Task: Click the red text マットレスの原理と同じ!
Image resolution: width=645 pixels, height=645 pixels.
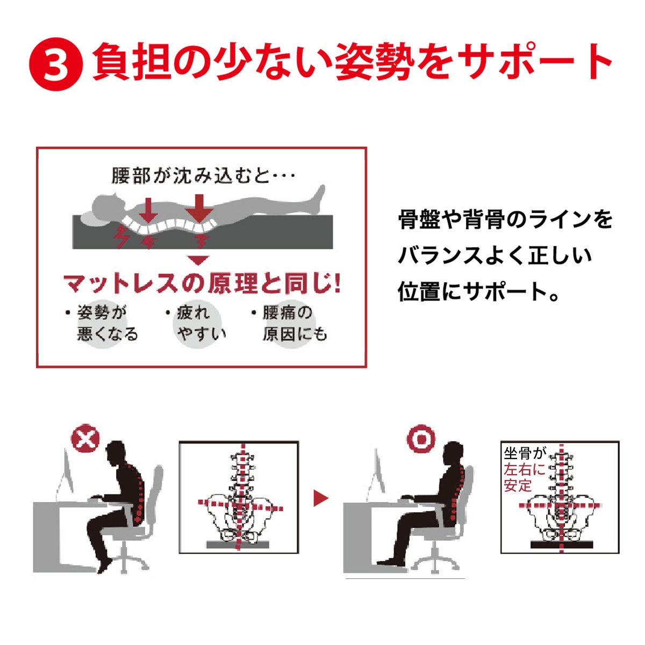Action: pos(202,283)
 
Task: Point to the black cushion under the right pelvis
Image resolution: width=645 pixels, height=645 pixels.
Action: pos(562,545)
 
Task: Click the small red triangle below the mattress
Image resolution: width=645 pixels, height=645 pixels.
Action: pos(199,260)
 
